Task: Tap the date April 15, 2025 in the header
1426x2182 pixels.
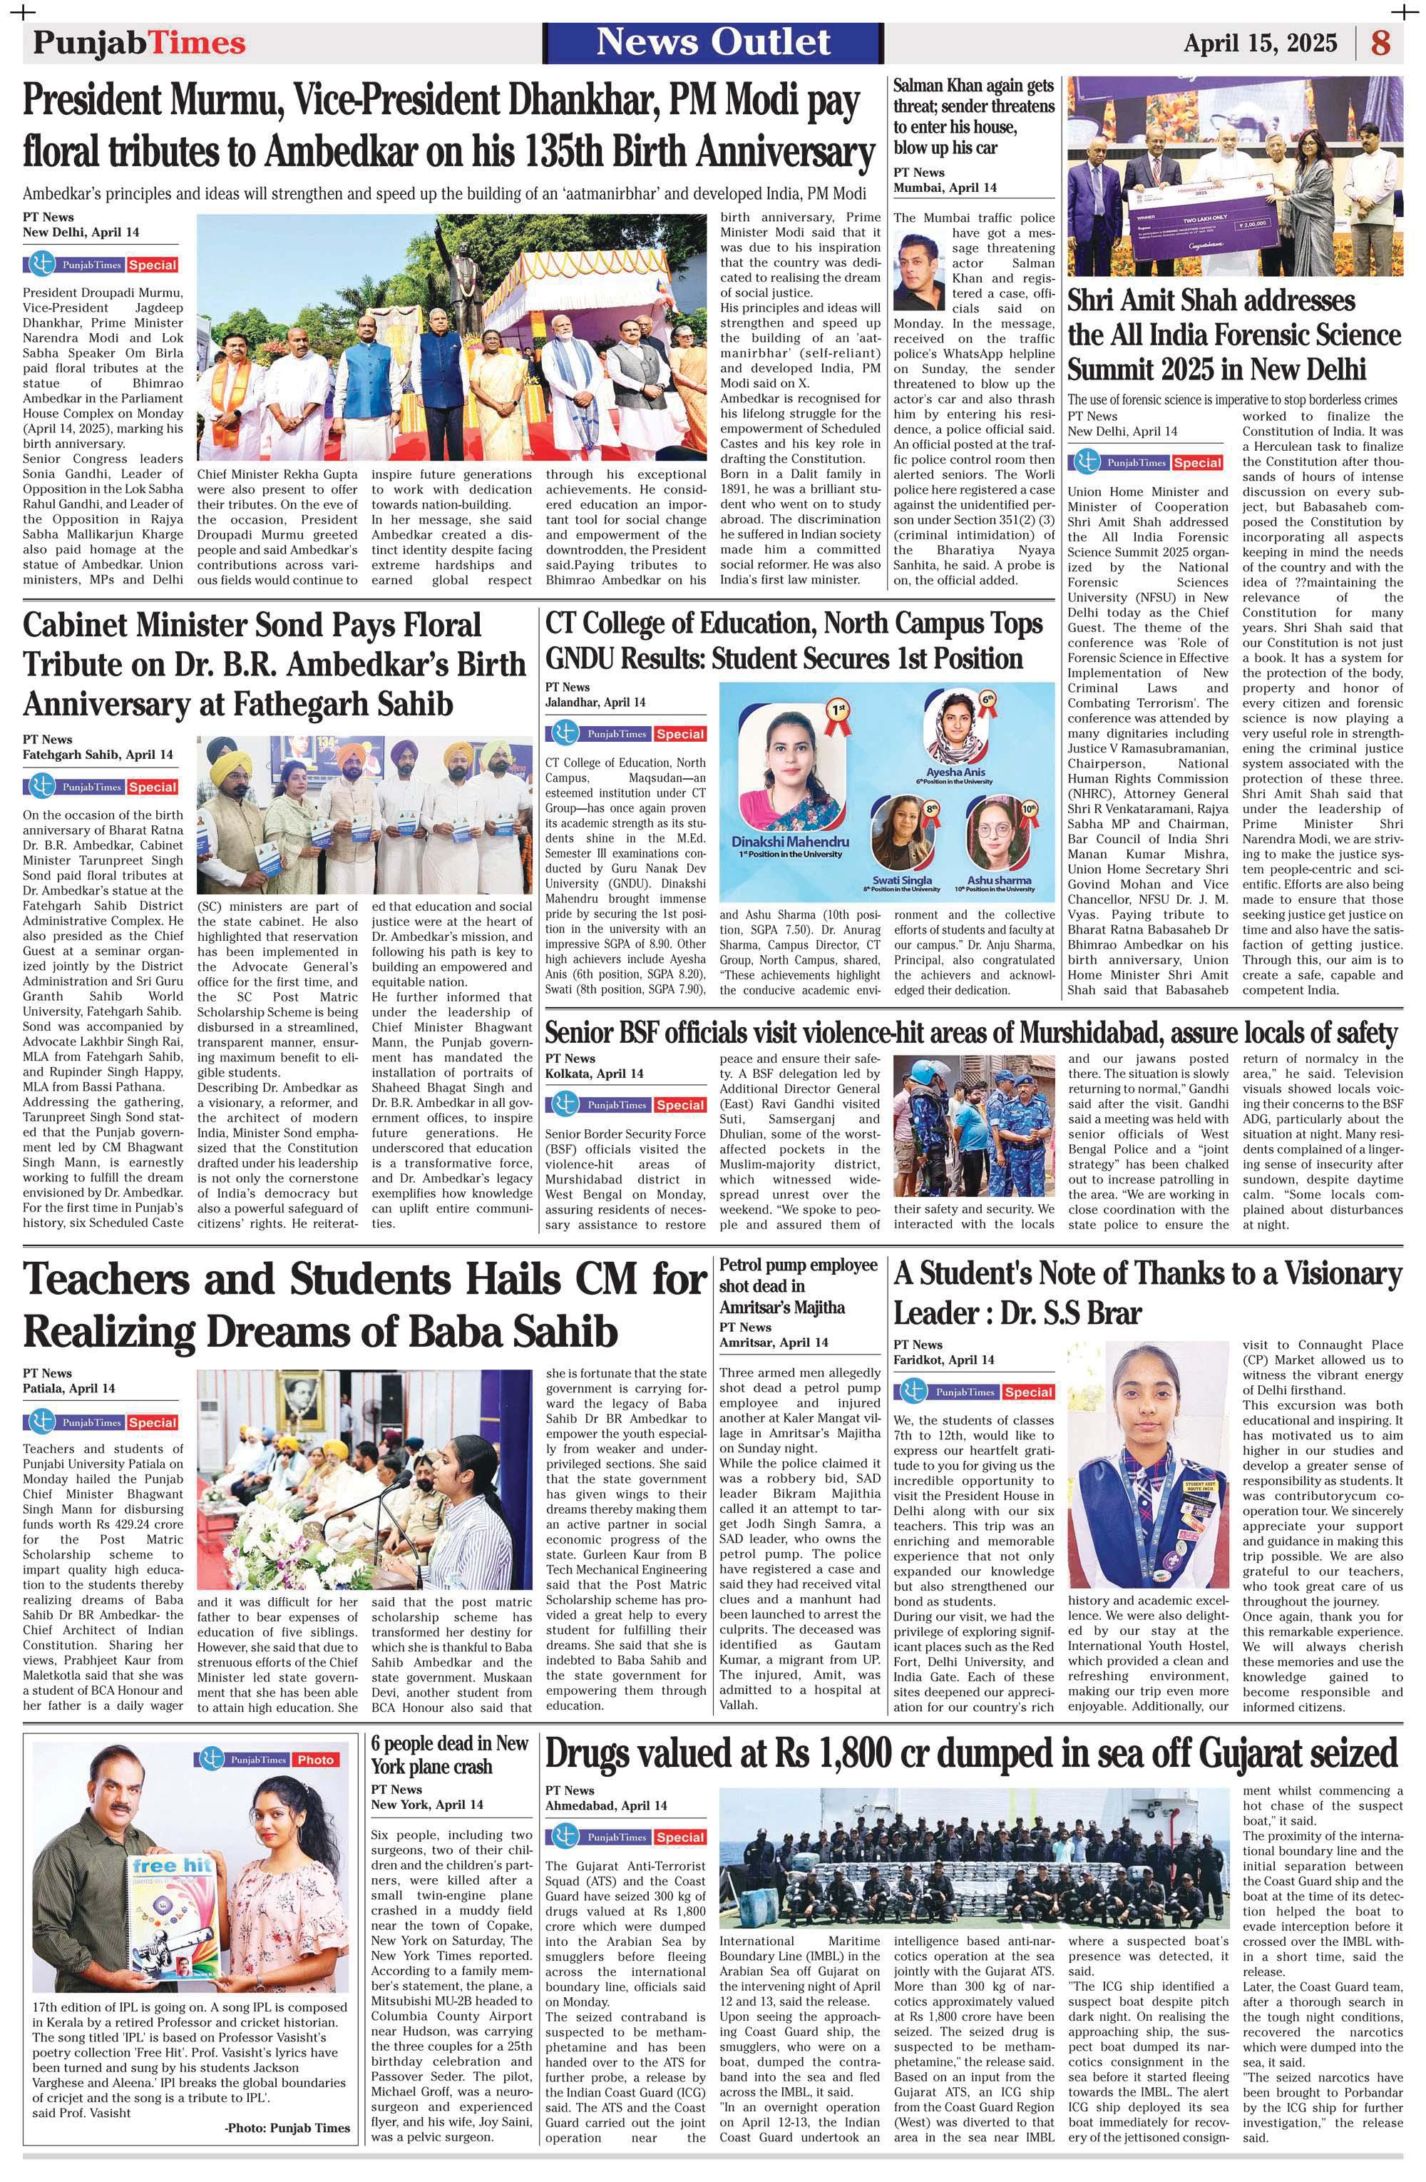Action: click(1260, 43)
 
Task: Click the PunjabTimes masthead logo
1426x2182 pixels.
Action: click(139, 43)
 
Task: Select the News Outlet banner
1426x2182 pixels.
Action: click(714, 42)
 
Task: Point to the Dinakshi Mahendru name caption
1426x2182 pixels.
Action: click(790, 841)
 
